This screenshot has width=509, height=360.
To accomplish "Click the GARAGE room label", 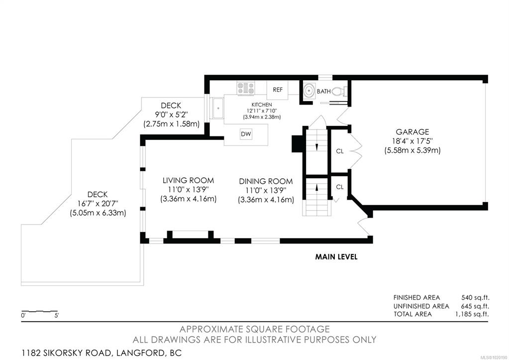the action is pos(412,132).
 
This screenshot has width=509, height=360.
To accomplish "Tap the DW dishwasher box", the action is pos(246,134).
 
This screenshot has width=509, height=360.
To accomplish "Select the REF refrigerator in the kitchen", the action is pos(277,90).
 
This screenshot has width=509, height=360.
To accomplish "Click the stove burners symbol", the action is pos(246,88).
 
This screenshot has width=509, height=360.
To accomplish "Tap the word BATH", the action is pos(323,92).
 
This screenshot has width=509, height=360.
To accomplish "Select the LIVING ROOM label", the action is pos(188,180).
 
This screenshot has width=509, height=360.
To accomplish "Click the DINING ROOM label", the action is pos(266,181).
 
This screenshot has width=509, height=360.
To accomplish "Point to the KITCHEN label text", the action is pos(262,105).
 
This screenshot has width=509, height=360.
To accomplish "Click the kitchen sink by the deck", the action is pos(218,108).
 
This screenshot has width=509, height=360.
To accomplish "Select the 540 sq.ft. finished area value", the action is pos(475,297).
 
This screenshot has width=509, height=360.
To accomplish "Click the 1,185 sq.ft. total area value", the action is pos(472,314).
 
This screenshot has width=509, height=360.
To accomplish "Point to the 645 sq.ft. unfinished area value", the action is pos(475,306).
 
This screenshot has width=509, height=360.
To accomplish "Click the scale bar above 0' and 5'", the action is pos(39,311).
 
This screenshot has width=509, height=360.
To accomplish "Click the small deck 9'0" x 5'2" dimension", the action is pos(171,115).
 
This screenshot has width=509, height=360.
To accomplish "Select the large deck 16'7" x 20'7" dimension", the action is pos(98,204).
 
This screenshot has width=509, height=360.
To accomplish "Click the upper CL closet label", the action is pos(339,151).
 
